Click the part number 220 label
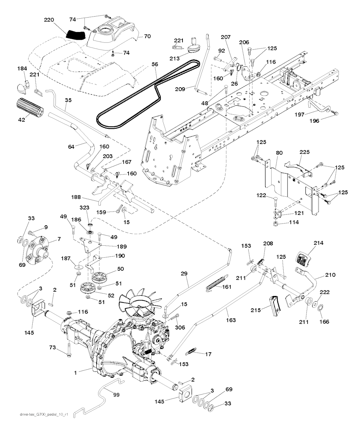49,20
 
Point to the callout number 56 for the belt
155,65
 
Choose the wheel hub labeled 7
37,251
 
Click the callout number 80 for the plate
279,153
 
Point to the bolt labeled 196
336,113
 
